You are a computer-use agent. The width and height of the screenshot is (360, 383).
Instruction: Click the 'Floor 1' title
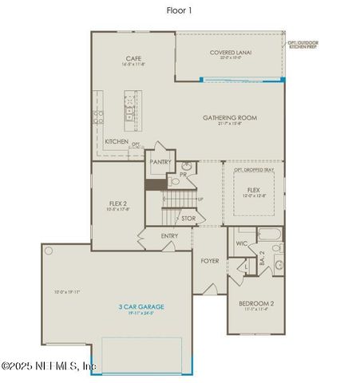[x=180, y=11]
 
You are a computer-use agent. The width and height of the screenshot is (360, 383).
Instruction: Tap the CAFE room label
[x=134, y=58]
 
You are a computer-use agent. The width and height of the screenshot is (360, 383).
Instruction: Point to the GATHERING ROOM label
[x=230, y=118]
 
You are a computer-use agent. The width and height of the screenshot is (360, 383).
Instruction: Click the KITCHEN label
[x=117, y=141]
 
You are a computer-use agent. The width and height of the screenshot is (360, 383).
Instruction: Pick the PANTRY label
[x=160, y=160]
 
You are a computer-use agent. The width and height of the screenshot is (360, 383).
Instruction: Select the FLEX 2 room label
[x=118, y=204]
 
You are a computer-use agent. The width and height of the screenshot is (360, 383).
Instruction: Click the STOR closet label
[x=188, y=218]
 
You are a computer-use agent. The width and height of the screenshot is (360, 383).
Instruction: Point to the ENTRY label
[x=169, y=236]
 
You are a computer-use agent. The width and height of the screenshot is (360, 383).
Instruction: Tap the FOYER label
[x=209, y=261]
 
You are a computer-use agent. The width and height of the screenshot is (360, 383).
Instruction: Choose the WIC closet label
[x=241, y=243]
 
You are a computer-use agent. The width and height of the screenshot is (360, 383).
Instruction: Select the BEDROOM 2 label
[x=256, y=304]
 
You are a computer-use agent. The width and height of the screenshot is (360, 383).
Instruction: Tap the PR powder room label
[x=183, y=174]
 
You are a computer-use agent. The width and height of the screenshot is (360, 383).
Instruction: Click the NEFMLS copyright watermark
[x=49, y=367]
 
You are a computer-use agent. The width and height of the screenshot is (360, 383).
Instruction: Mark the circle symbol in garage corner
[x=49, y=251]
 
